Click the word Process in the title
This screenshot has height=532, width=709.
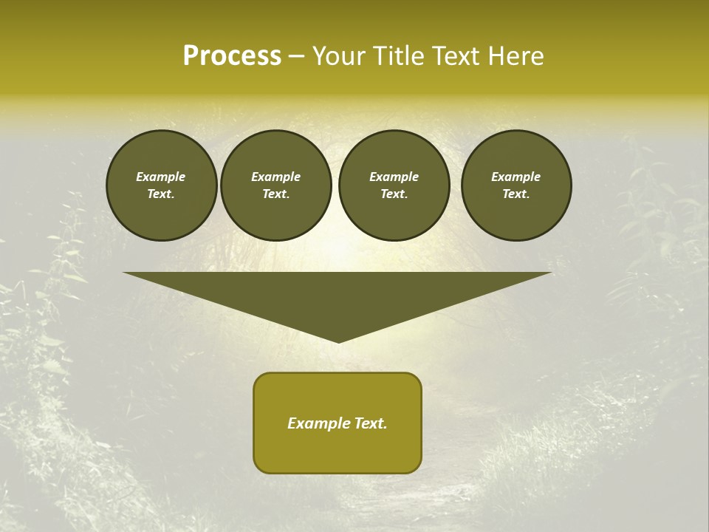coord(232,56)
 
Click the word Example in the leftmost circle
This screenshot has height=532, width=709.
coord(161,177)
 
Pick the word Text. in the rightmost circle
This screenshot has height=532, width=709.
coord(516,194)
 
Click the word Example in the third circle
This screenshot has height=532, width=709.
coord(394,177)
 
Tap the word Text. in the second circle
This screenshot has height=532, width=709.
coord(275,194)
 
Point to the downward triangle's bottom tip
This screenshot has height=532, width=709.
coord(338,341)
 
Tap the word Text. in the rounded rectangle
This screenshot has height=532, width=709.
coord(371,423)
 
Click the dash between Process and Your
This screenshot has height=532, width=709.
coord(296,57)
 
